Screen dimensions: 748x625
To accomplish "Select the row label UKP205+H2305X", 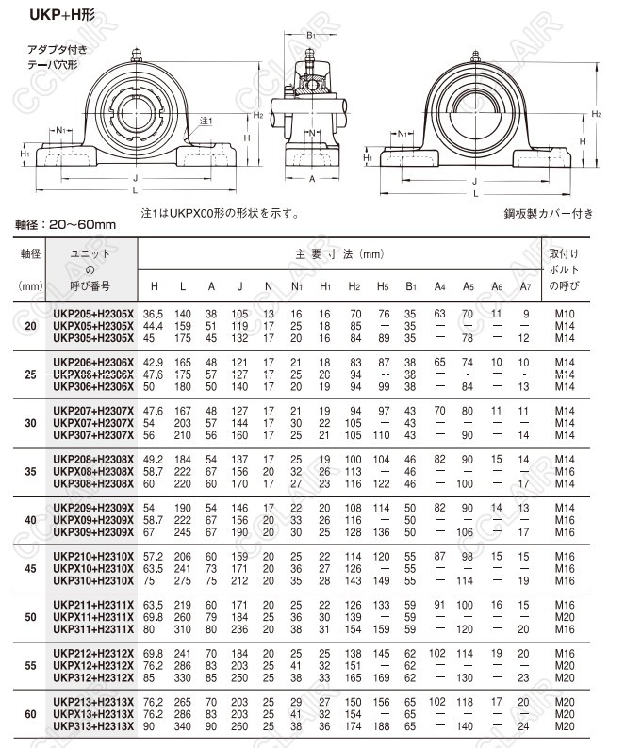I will (x=93, y=313).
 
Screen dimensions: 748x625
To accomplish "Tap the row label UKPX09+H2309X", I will (x=93, y=519).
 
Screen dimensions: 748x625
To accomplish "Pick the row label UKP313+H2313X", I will (x=93, y=726).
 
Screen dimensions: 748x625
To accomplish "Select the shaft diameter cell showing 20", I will (x=31, y=325).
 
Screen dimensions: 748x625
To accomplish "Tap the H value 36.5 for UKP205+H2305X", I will (x=154, y=313).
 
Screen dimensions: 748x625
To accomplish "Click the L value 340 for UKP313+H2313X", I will (x=183, y=726).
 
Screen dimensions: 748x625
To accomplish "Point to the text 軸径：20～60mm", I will (x=65, y=224).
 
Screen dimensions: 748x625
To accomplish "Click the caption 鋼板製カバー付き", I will (x=550, y=213).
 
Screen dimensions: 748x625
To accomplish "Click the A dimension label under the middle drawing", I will (x=312, y=178).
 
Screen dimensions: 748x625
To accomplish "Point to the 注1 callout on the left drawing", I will (x=207, y=122).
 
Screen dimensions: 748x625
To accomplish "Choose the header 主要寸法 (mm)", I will (x=340, y=254).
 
